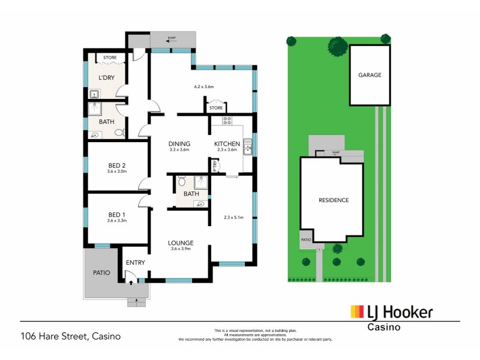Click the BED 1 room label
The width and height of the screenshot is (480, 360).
pos(118,214)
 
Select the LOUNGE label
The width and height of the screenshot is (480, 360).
pos(180,242)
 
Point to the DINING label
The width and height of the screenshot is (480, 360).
pos(179,143)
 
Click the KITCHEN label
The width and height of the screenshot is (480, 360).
pos(227,143)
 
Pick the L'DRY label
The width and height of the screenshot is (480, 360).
pos(107,78)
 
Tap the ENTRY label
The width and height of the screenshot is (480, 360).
pos(135,262)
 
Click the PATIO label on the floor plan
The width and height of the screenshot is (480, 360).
pos(101,272)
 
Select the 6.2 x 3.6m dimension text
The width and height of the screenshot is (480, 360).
pos(204,86)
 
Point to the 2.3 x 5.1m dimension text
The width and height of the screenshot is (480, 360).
pos(233,217)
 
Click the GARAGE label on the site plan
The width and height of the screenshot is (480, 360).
pos(370,76)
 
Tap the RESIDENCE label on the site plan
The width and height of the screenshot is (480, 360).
pos(334,200)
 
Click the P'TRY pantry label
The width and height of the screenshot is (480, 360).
pos(214,166)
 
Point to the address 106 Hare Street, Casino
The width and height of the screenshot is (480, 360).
pos(71,336)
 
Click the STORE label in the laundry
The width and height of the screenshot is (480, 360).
pos(109,58)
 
